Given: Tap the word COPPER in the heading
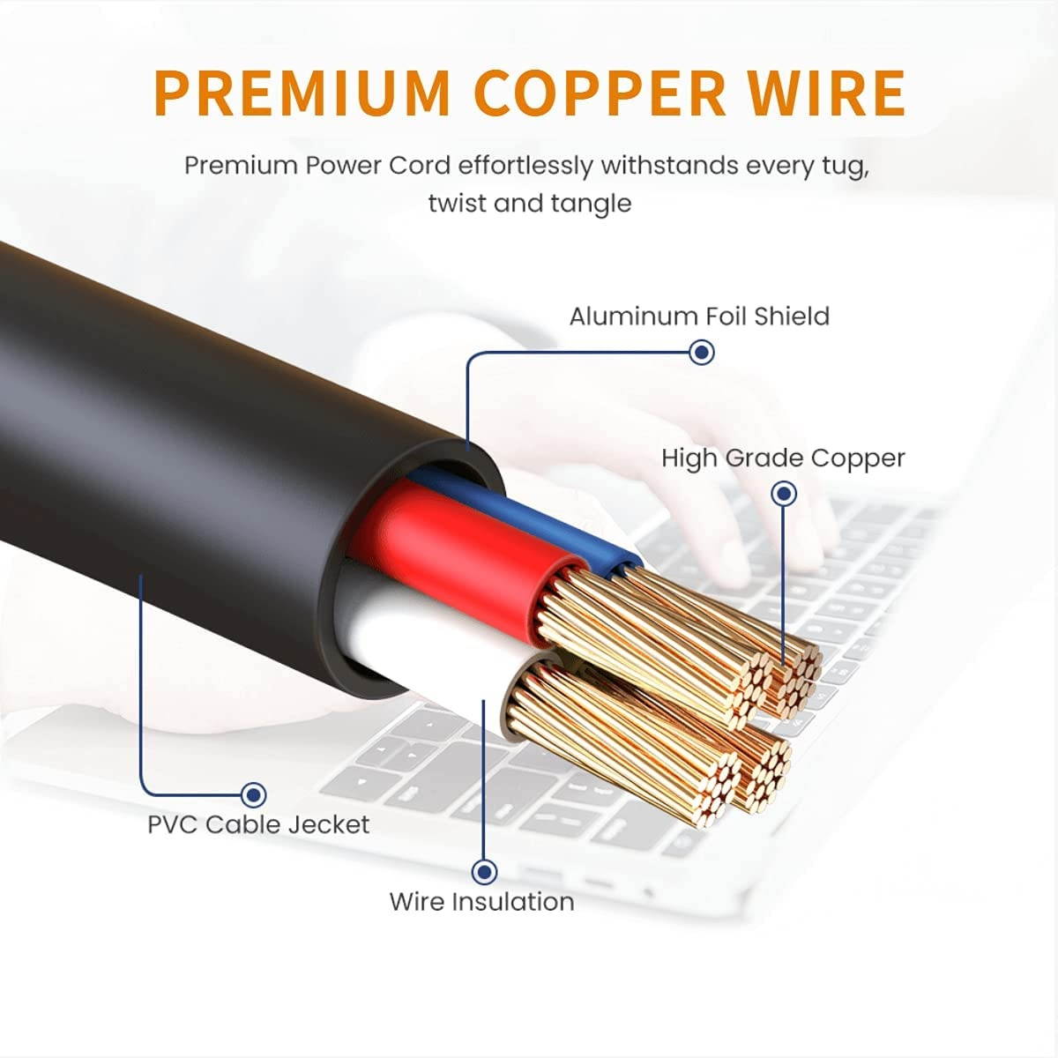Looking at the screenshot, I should point(600,92).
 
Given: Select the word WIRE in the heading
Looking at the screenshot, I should point(823,92).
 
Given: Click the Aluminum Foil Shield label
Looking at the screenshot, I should point(699,317).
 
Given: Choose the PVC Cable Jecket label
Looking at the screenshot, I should point(258,825).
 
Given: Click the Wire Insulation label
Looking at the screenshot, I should point(481,902).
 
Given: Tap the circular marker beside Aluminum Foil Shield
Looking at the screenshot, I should point(702,353).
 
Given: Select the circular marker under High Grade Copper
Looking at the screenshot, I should point(784,494).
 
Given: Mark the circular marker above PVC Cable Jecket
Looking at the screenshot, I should point(254,795).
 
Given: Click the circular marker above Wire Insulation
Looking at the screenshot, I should point(483,872).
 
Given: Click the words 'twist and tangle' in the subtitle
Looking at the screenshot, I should point(530,204).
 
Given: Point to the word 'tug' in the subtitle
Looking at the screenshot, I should point(841,166).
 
